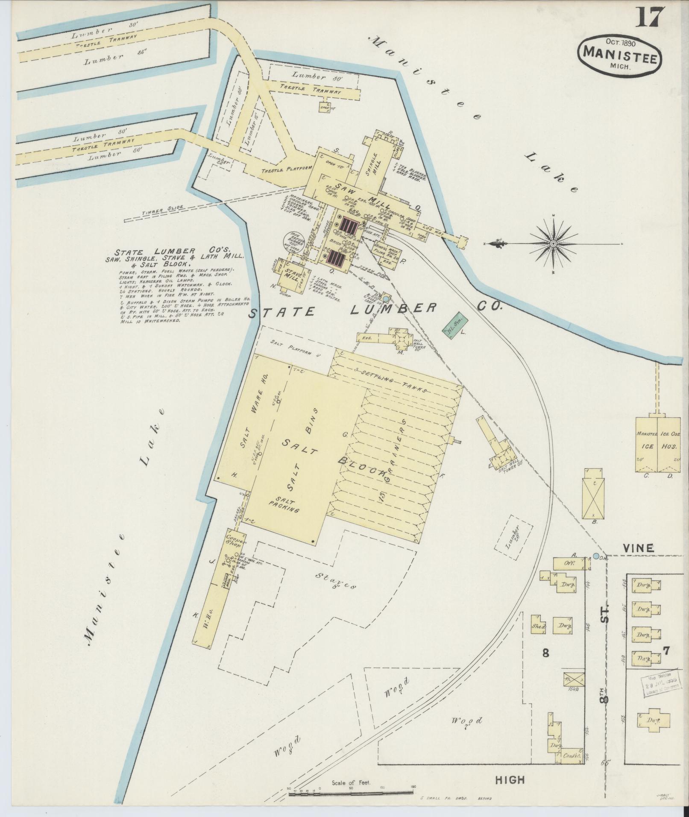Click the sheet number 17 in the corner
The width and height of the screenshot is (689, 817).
point(650,17)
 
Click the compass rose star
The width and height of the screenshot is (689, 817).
point(553,243)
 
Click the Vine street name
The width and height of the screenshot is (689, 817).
point(639,548)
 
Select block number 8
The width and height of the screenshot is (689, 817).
point(545,665)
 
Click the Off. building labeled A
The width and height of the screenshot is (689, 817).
point(570,563)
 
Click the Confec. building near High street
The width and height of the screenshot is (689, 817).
point(572,755)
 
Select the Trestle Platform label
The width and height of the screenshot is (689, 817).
point(287,168)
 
